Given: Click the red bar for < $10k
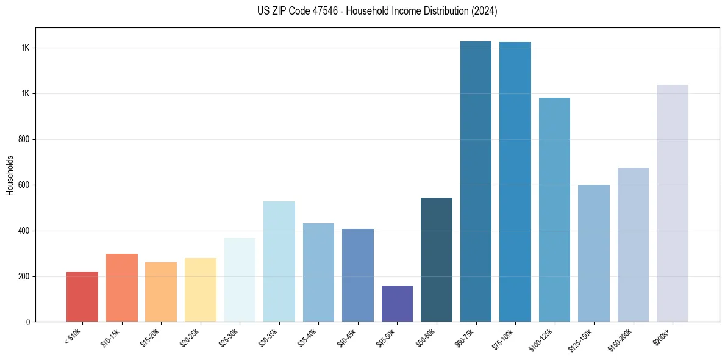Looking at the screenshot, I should click(82, 297).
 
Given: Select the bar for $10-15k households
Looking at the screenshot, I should click(121, 288).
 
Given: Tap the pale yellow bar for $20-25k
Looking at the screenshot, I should click(200, 290).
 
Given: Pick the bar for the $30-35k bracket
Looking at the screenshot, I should click(279, 262).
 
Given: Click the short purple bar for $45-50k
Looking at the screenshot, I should click(397, 303).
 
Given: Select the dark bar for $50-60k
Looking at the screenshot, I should click(437, 259).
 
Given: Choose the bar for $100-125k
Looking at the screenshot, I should click(554, 209).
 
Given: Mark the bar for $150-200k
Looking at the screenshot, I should click(633, 245).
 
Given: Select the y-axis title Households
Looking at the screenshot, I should click(10, 175).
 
